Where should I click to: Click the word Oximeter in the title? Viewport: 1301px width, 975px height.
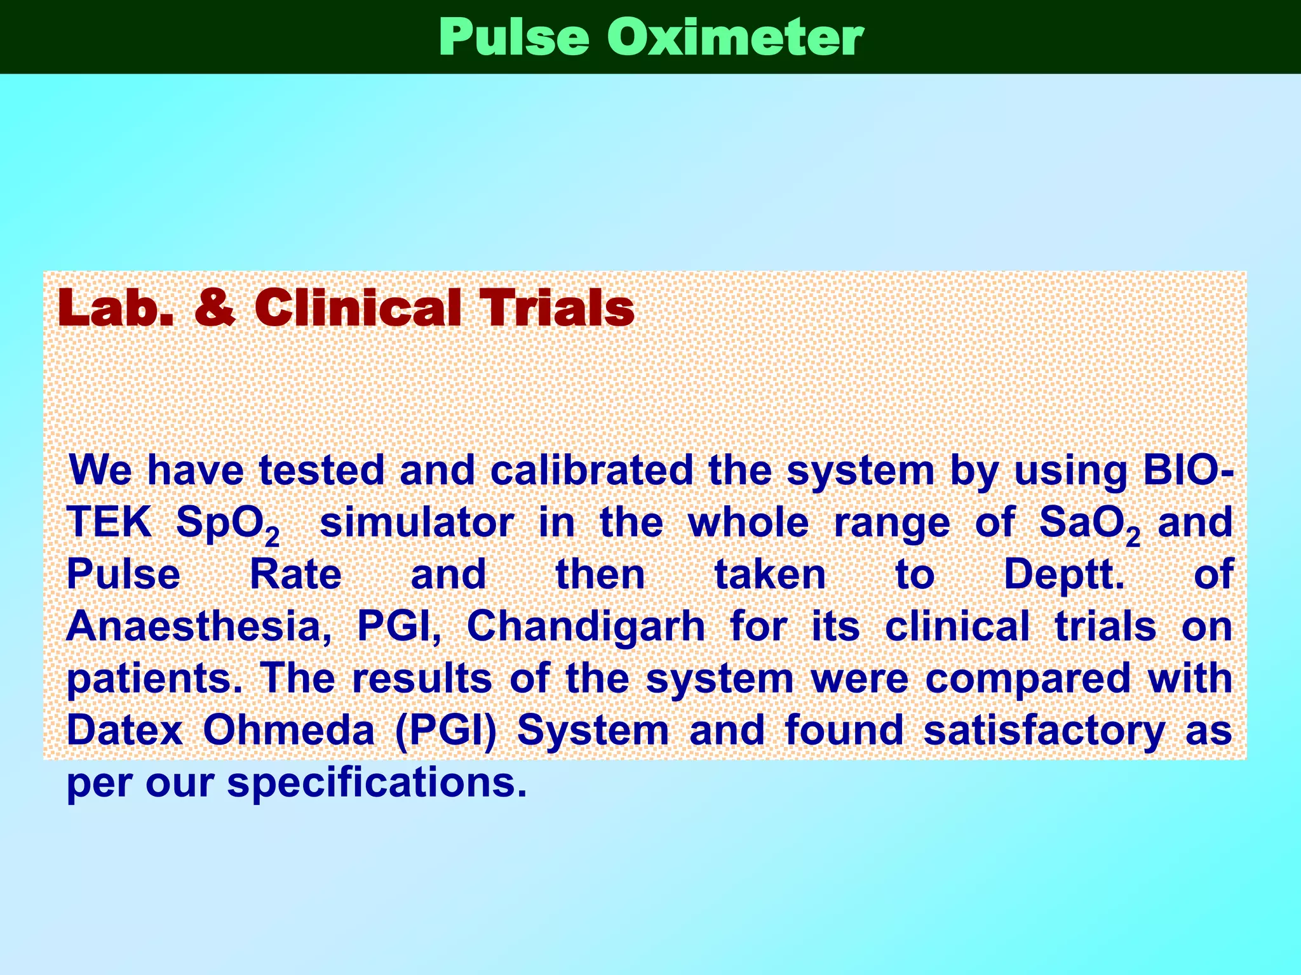coord(735,37)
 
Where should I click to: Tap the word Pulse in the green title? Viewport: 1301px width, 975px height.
coord(513,37)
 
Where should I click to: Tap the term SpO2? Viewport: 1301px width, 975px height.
coord(227,524)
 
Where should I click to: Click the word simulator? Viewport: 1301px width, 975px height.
coord(417,522)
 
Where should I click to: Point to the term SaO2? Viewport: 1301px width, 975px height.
coord(1089,524)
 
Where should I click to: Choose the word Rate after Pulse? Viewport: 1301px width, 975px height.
coord(295,574)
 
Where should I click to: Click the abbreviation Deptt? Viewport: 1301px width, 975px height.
coord(1063,574)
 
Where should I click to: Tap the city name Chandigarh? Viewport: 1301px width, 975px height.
coord(586,627)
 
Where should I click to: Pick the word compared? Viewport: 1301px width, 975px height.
coord(1028,679)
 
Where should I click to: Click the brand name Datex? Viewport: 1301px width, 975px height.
coord(125,731)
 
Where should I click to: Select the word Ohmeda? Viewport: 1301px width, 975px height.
coord(289,731)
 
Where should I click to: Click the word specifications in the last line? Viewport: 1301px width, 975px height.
coord(377,783)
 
